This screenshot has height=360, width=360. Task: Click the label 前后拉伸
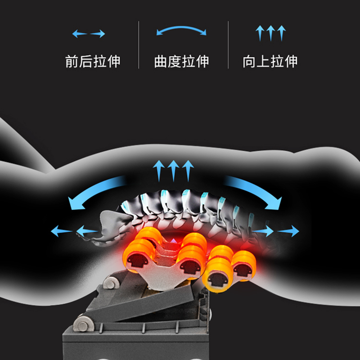pyautogui.click(x=93, y=61)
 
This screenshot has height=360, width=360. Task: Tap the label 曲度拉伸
pyautogui.click(x=181, y=61)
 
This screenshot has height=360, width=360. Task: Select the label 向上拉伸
pyautogui.click(x=270, y=61)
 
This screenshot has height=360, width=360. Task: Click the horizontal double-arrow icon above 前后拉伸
pyautogui.click(x=89, y=34)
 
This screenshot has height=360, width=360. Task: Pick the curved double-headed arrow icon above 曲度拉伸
pyautogui.click(x=181, y=31)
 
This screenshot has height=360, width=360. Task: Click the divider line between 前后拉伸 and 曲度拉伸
pyautogui.click(x=138, y=45)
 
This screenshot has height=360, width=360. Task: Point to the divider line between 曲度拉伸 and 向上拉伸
pyautogui.click(x=228, y=45)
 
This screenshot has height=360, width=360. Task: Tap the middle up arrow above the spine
pyautogui.click(x=173, y=170)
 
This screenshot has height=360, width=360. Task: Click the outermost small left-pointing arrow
pyautogui.click(x=61, y=232)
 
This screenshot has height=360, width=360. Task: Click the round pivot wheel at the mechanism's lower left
pyautogui.click(x=82, y=324)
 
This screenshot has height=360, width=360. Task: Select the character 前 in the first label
pyautogui.click(x=72, y=61)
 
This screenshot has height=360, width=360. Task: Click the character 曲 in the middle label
pyautogui.click(x=161, y=61)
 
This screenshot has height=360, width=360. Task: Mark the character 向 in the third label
pyautogui.click(x=249, y=61)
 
